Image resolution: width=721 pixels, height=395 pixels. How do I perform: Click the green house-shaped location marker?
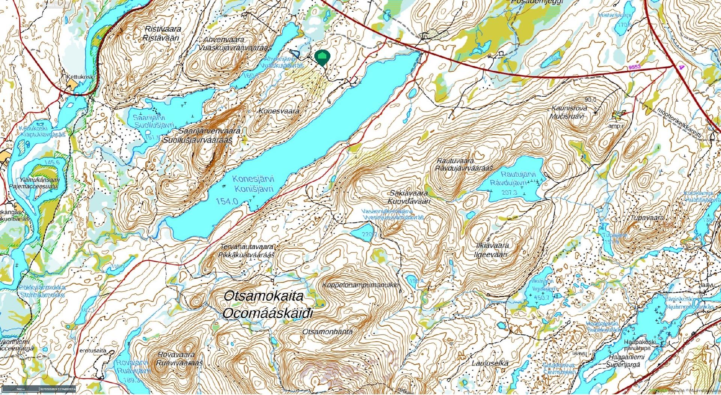[x=322, y=57]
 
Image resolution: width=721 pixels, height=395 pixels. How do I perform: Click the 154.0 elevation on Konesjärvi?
[x=227, y=201]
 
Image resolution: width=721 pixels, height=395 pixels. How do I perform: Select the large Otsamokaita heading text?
[x=263, y=296]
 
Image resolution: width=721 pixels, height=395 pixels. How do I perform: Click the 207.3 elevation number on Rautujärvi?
[x=509, y=192]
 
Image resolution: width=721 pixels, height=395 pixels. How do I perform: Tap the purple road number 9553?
[x=634, y=67]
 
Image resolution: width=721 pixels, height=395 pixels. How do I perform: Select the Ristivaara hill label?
[x=162, y=29]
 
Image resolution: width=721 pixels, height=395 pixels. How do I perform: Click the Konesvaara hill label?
[x=279, y=111]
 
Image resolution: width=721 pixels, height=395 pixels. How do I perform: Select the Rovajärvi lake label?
[x=132, y=363]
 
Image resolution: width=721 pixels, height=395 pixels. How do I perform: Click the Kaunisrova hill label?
[x=569, y=108]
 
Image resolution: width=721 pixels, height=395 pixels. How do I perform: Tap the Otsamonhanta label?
[x=327, y=332]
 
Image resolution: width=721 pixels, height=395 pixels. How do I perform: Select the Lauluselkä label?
[x=490, y=363]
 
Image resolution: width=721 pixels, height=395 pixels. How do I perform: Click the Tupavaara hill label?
[x=637, y=218]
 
